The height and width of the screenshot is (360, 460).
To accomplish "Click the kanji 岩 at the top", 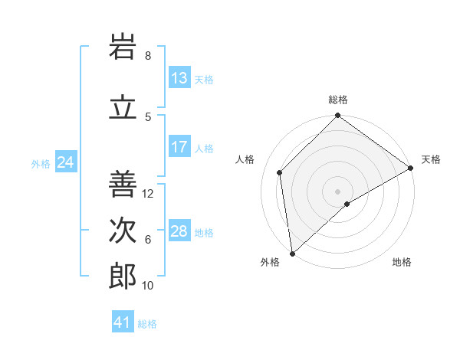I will click(x=123, y=47).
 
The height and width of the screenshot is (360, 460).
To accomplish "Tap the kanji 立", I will click(x=123, y=108).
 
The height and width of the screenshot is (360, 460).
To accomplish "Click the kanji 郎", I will click(x=123, y=277).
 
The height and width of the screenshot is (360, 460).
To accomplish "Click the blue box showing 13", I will click(x=179, y=78).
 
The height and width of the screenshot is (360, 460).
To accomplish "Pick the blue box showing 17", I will click(x=179, y=147).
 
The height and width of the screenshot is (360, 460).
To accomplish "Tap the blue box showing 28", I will click(x=179, y=231).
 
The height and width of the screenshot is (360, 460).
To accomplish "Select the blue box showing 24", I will click(x=65, y=162).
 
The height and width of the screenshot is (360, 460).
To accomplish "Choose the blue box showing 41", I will click(x=123, y=322).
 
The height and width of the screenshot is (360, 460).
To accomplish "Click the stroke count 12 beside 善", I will click(x=149, y=194).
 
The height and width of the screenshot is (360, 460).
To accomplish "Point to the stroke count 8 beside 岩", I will click(x=148, y=56).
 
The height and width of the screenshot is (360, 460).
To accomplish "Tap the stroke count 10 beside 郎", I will click(x=149, y=286).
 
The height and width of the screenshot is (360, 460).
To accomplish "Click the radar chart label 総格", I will click(x=338, y=100).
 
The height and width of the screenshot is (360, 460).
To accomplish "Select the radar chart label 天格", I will click(x=431, y=159).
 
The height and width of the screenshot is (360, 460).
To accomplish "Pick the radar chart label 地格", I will click(x=402, y=262).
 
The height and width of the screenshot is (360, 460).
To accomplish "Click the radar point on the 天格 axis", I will click(x=411, y=168).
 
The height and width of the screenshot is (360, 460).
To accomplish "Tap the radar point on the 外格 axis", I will click(x=292, y=253).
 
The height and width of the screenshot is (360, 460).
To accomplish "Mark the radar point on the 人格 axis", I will click(x=280, y=172).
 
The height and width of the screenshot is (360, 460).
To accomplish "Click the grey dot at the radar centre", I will click(x=338, y=191).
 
